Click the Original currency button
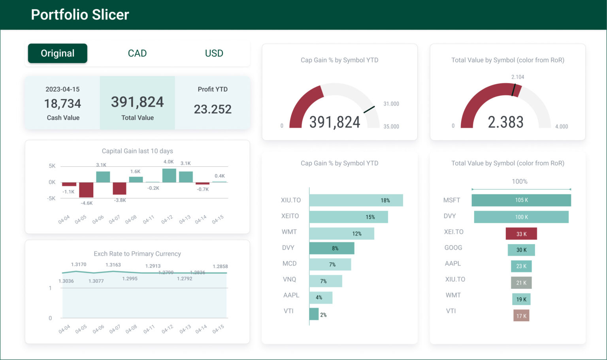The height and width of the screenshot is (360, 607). pyautogui.click(x=58, y=53)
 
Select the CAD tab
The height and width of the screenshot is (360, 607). pyautogui.click(x=137, y=53)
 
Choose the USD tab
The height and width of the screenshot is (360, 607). pyautogui.click(x=214, y=53)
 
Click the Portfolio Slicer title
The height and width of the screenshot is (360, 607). pyautogui.click(x=80, y=15)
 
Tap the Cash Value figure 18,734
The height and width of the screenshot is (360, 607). pyautogui.click(x=62, y=104)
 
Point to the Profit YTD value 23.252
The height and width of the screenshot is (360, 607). pyautogui.click(x=213, y=109)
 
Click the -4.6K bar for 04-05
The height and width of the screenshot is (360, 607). pyautogui.click(x=86, y=190)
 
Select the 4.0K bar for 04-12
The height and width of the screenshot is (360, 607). pyautogui.click(x=169, y=175)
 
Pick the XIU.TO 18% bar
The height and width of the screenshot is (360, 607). pyautogui.click(x=356, y=200)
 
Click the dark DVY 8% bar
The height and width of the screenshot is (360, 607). pyautogui.click(x=332, y=248)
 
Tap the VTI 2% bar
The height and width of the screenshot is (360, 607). pyautogui.click(x=314, y=314)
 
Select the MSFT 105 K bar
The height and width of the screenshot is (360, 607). pyautogui.click(x=521, y=200)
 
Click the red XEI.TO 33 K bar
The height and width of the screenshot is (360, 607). pyautogui.click(x=521, y=234)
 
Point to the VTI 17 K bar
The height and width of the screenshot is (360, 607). pyautogui.click(x=521, y=316)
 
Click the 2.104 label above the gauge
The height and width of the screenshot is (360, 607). pyautogui.click(x=517, y=77)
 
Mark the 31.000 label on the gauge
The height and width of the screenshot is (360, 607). pyautogui.click(x=391, y=104)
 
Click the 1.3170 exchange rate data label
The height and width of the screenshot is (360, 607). pyautogui.click(x=79, y=264)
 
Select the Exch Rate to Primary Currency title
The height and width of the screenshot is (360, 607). pyautogui.click(x=137, y=254)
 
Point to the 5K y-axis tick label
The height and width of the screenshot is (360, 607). pyautogui.click(x=52, y=166)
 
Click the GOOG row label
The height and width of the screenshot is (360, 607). pyautogui.click(x=453, y=248)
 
